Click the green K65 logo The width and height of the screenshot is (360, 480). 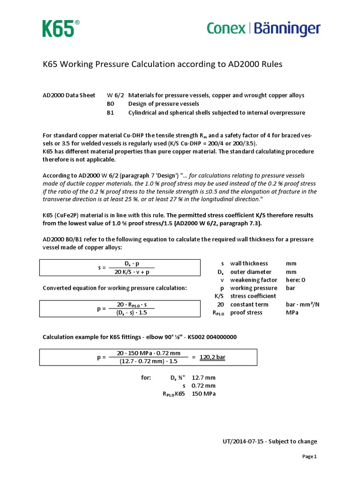(58, 29)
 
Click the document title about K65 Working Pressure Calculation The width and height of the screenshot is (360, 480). (163, 64)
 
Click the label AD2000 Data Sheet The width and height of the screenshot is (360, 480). (69, 95)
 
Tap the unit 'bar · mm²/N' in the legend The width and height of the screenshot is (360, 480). (302, 304)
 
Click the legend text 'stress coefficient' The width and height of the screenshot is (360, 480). (254, 296)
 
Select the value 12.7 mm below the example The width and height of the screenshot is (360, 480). (204, 378)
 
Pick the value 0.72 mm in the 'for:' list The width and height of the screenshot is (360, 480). (204, 386)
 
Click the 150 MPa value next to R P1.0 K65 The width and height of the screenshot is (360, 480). (204, 394)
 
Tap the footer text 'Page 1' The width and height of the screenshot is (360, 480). (309, 457)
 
